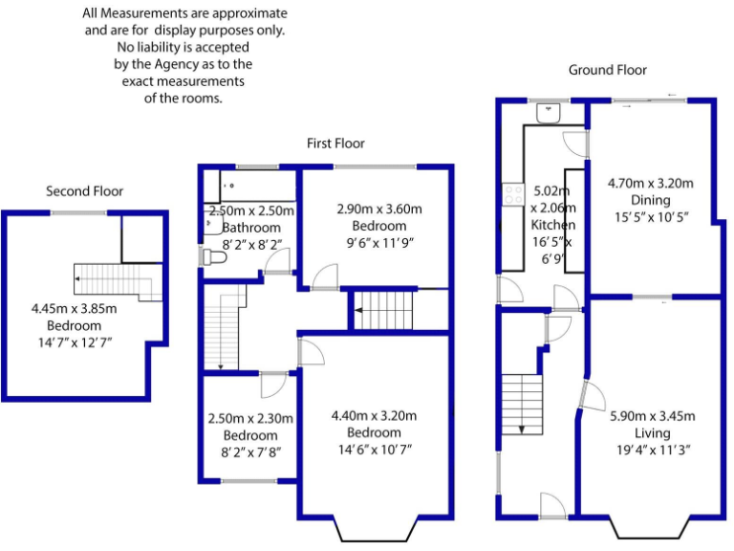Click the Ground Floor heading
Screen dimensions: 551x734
tap(607, 70)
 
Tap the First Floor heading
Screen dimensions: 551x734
tap(335, 143)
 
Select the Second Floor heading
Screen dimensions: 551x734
tap(85, 191)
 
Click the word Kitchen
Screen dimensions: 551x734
tap(553, 225)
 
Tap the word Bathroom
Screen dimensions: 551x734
tap(251, 228)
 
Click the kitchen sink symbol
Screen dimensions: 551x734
tap(550, 113)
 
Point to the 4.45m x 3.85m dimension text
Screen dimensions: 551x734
tap(73, 308)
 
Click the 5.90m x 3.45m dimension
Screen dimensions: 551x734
tap(651, 416)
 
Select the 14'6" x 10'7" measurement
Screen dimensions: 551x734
tap(374, 450)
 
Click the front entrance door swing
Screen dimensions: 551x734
tap(552, 504)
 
